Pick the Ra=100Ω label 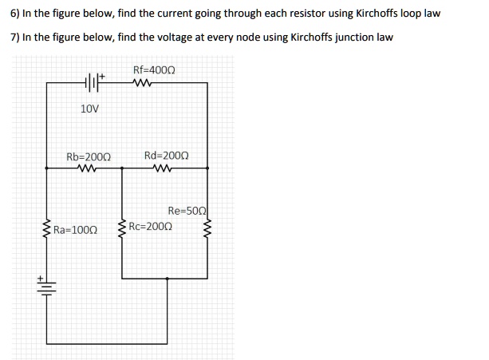tap(75, 230)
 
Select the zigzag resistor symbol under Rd tap(166, 168)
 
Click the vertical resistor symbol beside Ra tap(46, 230)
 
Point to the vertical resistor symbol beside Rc tap(122, 230)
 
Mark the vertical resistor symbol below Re tap(209, 231)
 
